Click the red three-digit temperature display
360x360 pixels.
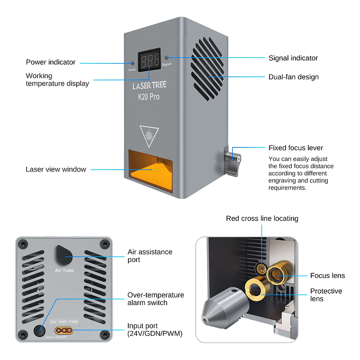[x=149, y=60]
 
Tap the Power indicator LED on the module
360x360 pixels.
[x=132, y=63]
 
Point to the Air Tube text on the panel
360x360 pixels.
[x=64, y=270]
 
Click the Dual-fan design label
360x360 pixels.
[x=293, y=77]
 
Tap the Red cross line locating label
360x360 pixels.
[x=262, y=218]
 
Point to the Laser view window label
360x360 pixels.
[x=56, y=169]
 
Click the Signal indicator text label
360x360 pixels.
[x=293, y=58]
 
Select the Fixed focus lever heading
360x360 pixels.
[x=296, y=148]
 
